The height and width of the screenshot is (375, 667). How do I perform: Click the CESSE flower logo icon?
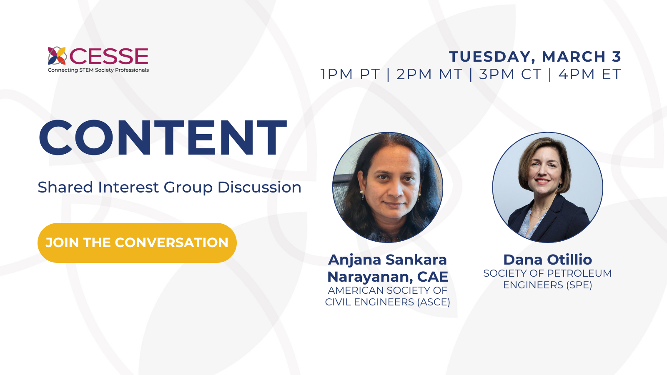pyautogui.click(x=57, y=56)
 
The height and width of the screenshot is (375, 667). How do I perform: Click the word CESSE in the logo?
pyautogui.click(x=109, y=57)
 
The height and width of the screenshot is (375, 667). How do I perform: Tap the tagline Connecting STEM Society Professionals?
pyautogui.click(x=98, y=70)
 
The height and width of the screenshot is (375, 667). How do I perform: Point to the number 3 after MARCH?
pyautogui.click(x=617, y=57)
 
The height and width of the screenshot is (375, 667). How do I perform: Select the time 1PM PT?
pyautogui.click(x=350, y=74)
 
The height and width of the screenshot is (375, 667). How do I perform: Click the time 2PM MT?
pyautogui.click(x=429, y=74)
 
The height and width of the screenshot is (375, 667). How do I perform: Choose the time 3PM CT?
pyautogui.click(x=510, y=74)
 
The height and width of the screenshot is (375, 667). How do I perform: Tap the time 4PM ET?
pyautogui.click(x=590, y=74)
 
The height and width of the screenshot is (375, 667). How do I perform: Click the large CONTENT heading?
pyautogui.click(x=163, y=138)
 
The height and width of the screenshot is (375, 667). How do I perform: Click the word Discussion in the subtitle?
pyautogui.click(x=259, y=187)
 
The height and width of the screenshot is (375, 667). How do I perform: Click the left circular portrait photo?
pyautogui.click(x=388, y=187)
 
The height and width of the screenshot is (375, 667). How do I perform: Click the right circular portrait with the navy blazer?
pyautogui.click(x=547, y=187)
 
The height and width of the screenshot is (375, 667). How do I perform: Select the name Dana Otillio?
pyautogui.click(x=547, y=260)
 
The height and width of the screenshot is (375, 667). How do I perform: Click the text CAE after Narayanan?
pyautogui.click(x=433, y=277)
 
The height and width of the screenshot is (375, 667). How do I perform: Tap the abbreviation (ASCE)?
pyautogui.click(x=434, y=302)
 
